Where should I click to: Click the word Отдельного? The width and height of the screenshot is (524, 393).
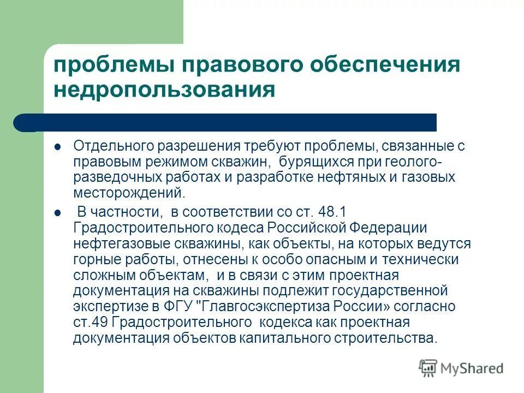(x=113, y=147)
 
